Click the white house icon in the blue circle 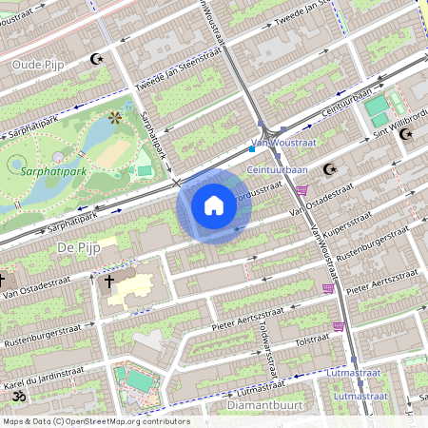(214, 204)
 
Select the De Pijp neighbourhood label (78, 246)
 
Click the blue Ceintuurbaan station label (277, 170)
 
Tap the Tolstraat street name (311, 340)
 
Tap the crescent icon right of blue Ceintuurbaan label (330, 169)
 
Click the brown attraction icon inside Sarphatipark (115, 117)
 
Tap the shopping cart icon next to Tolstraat (338, 326)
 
